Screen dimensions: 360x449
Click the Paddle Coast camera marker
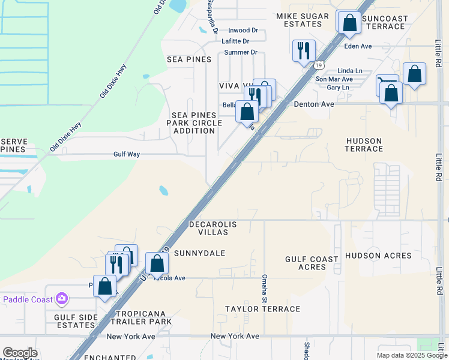(62, 298)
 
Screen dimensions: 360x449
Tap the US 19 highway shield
(318, 64)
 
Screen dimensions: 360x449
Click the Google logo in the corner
(20, 353)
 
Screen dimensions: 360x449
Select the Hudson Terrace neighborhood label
(364, 145)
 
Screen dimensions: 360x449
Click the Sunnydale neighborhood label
(199, 253)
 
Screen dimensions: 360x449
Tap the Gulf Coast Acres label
(312, 263)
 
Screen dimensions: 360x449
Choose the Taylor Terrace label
(262, 309)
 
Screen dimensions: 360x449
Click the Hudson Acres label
(378, 256)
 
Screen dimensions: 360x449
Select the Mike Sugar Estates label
(303, 20)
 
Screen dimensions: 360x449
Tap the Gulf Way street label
(127, 154)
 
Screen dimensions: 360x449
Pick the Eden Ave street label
(358, 46)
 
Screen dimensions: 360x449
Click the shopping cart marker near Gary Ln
(386, 84)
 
